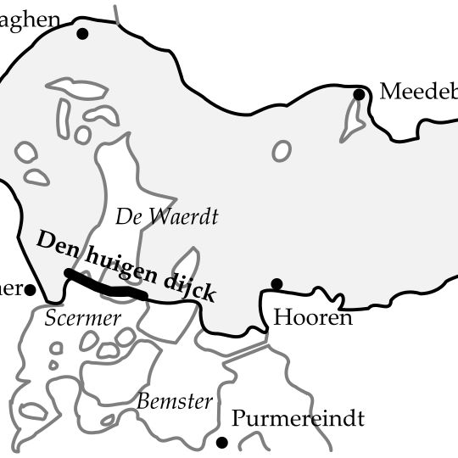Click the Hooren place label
312,318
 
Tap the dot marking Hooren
276,284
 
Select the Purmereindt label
298,418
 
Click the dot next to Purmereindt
222,442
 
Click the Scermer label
82,318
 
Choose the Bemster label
174,401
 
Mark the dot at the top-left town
82,34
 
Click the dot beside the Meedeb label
359,94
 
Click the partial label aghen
31,19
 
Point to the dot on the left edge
30,290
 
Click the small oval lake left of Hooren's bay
281,151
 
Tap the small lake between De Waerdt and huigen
186,262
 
